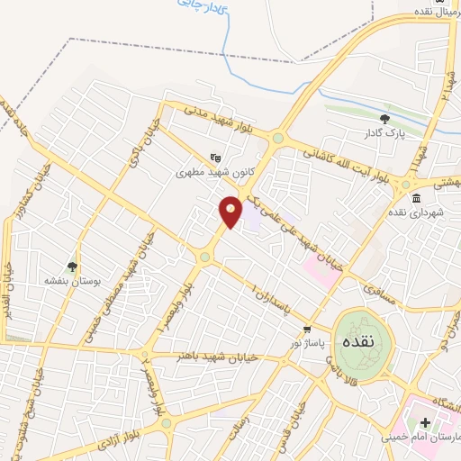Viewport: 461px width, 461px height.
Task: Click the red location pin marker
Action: click(231, 211)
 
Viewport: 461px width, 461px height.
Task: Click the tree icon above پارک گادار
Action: click(385, 118)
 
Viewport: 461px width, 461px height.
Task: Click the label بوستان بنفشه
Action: click(70, 281)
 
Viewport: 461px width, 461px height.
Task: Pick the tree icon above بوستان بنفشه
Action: click(72, 266)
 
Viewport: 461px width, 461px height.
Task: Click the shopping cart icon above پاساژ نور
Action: click(308, 329)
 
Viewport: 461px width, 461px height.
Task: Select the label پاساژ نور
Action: click(309, 343)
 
